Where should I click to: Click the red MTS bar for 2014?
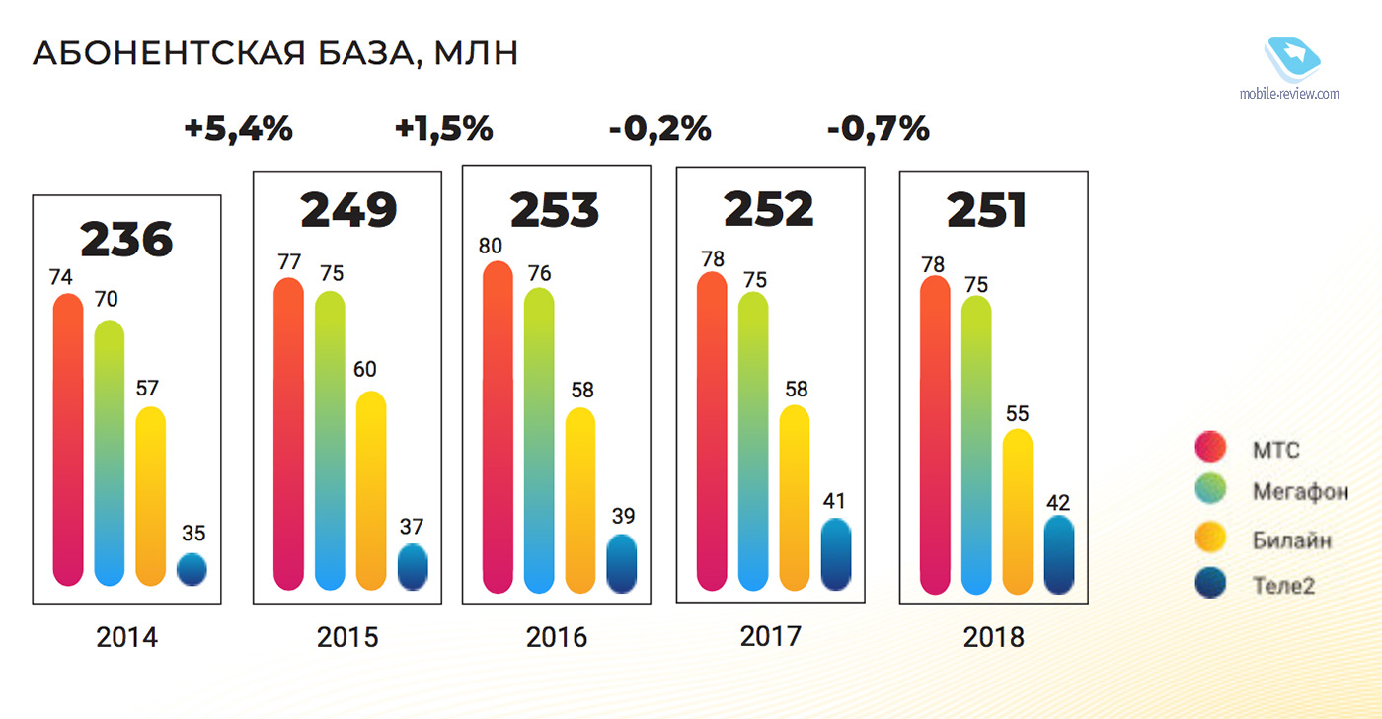click(68, 439)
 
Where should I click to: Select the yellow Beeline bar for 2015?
click(370, 490)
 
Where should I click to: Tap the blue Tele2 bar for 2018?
click(1059, 554)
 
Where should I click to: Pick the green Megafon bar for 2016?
click(539, 440)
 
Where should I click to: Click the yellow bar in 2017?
click(795, 498)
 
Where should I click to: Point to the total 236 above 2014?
click(126, 239)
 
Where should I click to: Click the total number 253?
click(555, 209)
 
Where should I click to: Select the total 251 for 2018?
click(987, 210)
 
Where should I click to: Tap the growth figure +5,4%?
click(238, 129)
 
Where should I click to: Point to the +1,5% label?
click(443, 129)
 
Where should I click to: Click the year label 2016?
click(557, 637)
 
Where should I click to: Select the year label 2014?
click(126, 637)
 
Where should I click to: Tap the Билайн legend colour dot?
click(1209, 539)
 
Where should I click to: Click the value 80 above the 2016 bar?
click(490, 245)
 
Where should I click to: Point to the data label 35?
click(193, 534)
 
